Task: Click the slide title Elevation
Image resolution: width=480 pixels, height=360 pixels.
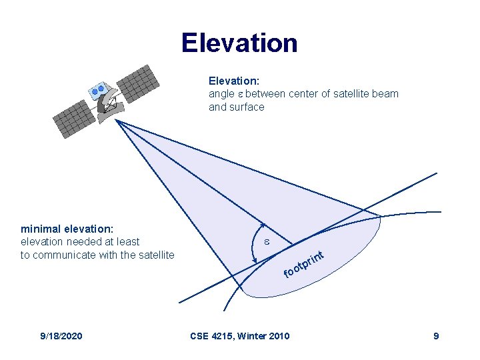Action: click(239, 43)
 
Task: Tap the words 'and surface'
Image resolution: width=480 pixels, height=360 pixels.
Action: click(237, 107)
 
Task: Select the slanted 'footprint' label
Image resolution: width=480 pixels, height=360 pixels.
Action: click(304, 263)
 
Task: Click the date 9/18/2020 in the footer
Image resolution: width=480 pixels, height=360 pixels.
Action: click(61, 335)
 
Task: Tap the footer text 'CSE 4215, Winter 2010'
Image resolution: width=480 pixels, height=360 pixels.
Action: click(240, 335)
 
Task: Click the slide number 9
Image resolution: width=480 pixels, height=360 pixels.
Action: click(436, 335)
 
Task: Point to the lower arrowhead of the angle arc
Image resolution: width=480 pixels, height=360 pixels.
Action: click(257, 261)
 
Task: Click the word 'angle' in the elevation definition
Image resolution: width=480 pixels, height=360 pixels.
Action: click(221, 93)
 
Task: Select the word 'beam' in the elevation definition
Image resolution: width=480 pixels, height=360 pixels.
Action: click(387, 93)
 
